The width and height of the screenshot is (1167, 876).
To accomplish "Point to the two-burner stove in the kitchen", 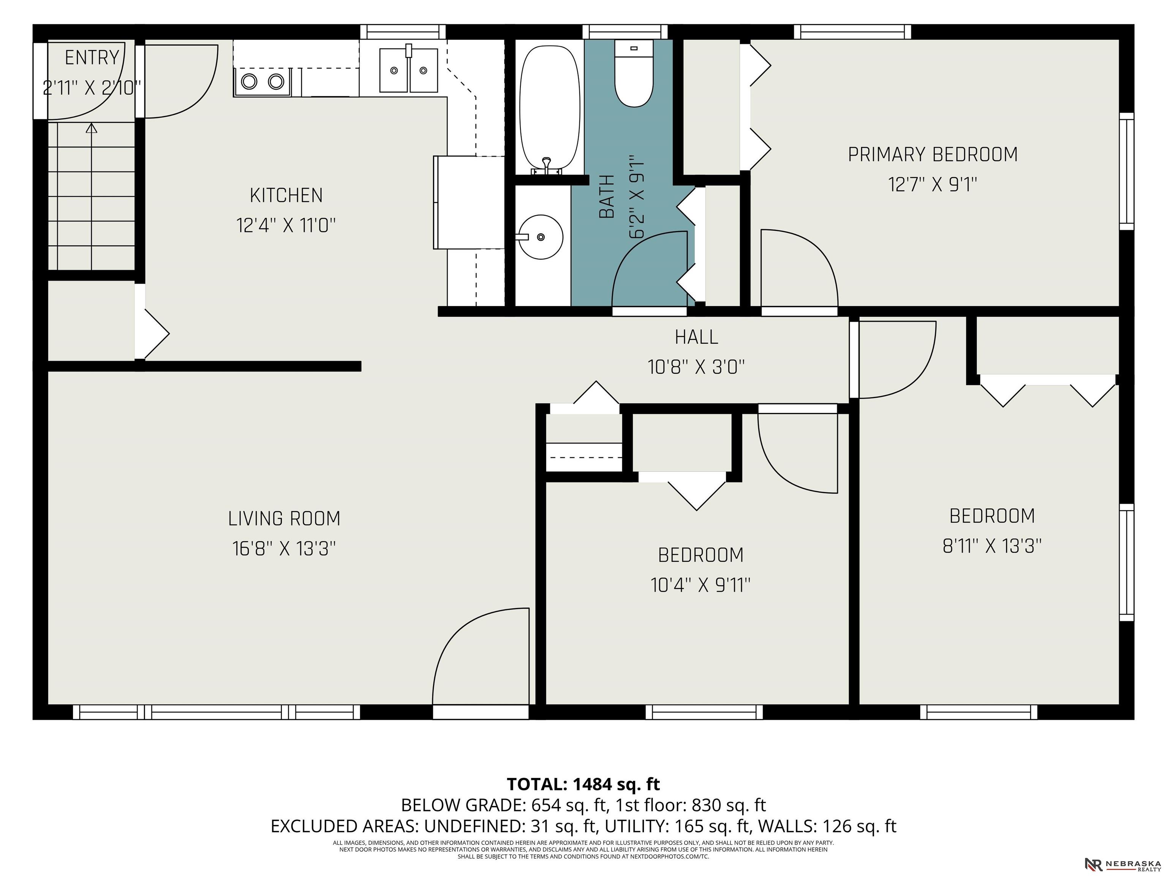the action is (x=262, y=81).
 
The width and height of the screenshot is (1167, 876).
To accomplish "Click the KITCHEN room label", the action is (x=286, y=195).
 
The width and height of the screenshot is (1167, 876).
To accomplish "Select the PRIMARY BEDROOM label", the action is (x=933, y=154).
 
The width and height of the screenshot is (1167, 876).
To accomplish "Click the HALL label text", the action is (x=696, y=337).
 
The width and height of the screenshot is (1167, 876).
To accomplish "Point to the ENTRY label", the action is (x=92, y=57).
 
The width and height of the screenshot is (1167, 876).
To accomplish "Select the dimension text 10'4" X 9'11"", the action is (x=701, y=585).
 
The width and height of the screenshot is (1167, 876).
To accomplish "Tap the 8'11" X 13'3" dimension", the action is (x=992, y=546).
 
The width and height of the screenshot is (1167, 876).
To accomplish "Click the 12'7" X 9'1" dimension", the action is (x=933, y=185).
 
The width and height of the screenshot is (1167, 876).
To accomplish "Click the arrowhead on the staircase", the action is (x=92, y=128).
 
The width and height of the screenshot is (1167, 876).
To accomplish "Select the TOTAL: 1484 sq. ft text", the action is (x=583, y=784).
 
